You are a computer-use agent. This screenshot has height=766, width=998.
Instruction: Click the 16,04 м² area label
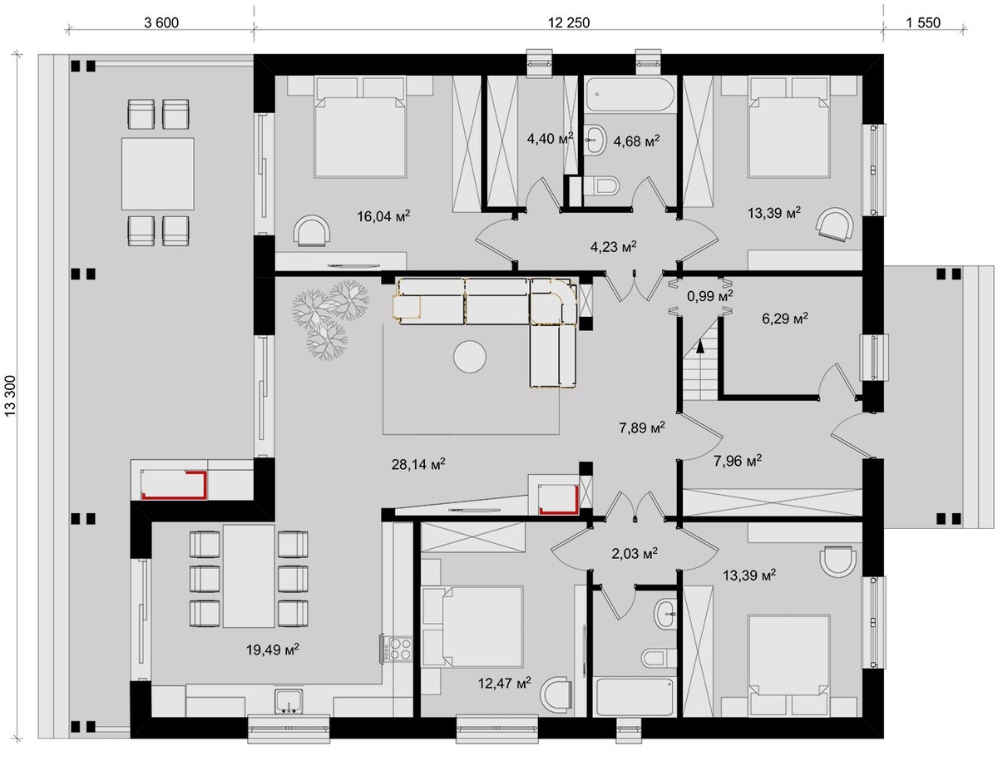(x=383, y=215)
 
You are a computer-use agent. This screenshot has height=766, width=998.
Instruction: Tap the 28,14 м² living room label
(x=418, y=464)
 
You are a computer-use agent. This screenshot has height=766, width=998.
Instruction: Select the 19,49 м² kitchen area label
(x=273, y=650)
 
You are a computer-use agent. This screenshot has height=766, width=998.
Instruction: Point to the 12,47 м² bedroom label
(x=504, y=683)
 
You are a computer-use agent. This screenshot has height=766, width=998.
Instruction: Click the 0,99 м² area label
(x=709, y=296)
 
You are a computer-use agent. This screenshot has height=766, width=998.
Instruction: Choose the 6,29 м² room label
(x=785, y=318)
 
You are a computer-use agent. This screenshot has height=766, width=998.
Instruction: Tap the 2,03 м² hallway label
(x=635, y=553)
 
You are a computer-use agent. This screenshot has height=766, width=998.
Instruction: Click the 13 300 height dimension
(x=10, y=396)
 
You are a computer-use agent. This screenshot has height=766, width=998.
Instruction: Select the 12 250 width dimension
(x=569, y=22)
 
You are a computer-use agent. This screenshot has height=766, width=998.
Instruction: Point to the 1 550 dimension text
(x=923, y=22)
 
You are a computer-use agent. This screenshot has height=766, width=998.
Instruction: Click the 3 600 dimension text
(x=161, y=22)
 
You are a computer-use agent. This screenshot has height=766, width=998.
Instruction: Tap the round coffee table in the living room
(x=469, y=356)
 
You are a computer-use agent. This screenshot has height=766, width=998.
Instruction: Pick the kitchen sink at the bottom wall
(x=289, y=702)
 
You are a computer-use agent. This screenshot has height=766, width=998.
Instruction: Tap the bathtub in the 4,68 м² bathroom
(x=630, y=94)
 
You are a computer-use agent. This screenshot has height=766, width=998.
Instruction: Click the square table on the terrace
(x=157, y=174)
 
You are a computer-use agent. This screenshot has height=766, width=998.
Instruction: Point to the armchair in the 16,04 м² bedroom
(x=313, y=230)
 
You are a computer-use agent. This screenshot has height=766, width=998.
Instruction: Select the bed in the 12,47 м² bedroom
(x=472, y=626)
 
